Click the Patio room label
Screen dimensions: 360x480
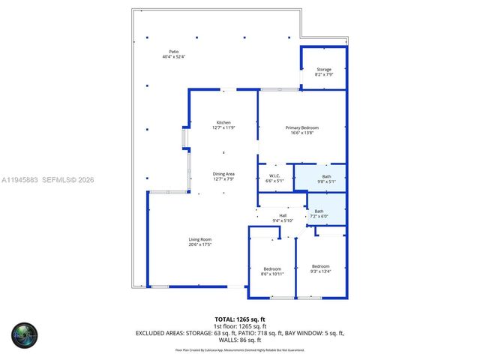pyautogui.click(x=173, y=52)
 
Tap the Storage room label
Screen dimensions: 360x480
pyautogui.click(x=323, y=69)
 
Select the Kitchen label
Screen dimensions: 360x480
pyautogui.click(x=223, y=122)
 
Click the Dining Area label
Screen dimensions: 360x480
pyautogui.click(x=223, y=173)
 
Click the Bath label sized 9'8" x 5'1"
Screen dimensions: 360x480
pyautogui.click(x=326, y=176)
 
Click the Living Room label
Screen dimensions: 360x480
pyautogui.click(x=199, y=239)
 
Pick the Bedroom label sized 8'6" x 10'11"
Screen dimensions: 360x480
pyautogui.click(x=272, y=268)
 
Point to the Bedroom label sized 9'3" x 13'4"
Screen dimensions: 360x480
pyautogui.click(x=320, y=266)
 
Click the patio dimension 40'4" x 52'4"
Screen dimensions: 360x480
pyautogui.click(x=173, y=57)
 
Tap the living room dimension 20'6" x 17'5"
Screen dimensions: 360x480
pyautogui.click(x=199, y=244)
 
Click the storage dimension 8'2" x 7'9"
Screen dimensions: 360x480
pyautogui.click(x=323, y=74)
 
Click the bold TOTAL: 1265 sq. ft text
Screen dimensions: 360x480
pyautogui.click(x=241, y=319)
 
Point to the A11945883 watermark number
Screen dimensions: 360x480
pyautogui.click(x=20, y=179)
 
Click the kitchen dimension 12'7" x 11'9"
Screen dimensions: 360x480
pyautogui.click(x=223, y=127)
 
